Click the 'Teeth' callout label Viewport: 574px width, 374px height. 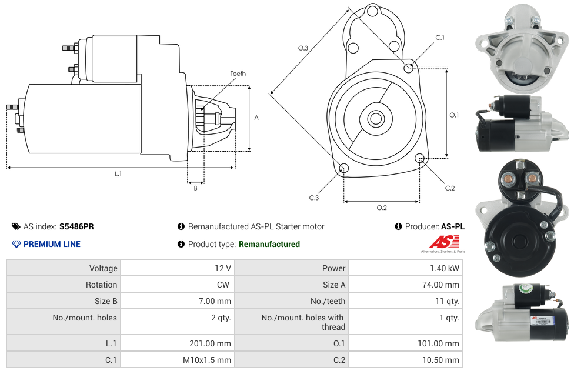coord(238,74)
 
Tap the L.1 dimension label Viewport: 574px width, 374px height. coord(118,174)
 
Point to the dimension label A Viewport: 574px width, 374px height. coord(256,118)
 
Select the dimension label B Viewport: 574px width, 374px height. coord(195,188)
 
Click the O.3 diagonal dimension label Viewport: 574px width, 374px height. coord(303,48)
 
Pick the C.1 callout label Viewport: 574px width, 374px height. coord(439,38)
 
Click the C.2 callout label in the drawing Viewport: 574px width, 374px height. coord(449,188)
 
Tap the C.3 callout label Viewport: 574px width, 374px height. coord(314,198)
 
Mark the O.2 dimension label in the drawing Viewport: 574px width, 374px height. coord(382,208)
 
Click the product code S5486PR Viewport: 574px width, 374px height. coord(76,226)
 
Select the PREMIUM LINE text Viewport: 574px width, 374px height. coord(52,244)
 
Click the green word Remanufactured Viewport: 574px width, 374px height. coord(269,244)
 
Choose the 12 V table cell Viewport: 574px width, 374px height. coord(222,268)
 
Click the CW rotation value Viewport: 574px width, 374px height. coord(224,285)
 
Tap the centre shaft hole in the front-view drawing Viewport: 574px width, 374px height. coord(375,119)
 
